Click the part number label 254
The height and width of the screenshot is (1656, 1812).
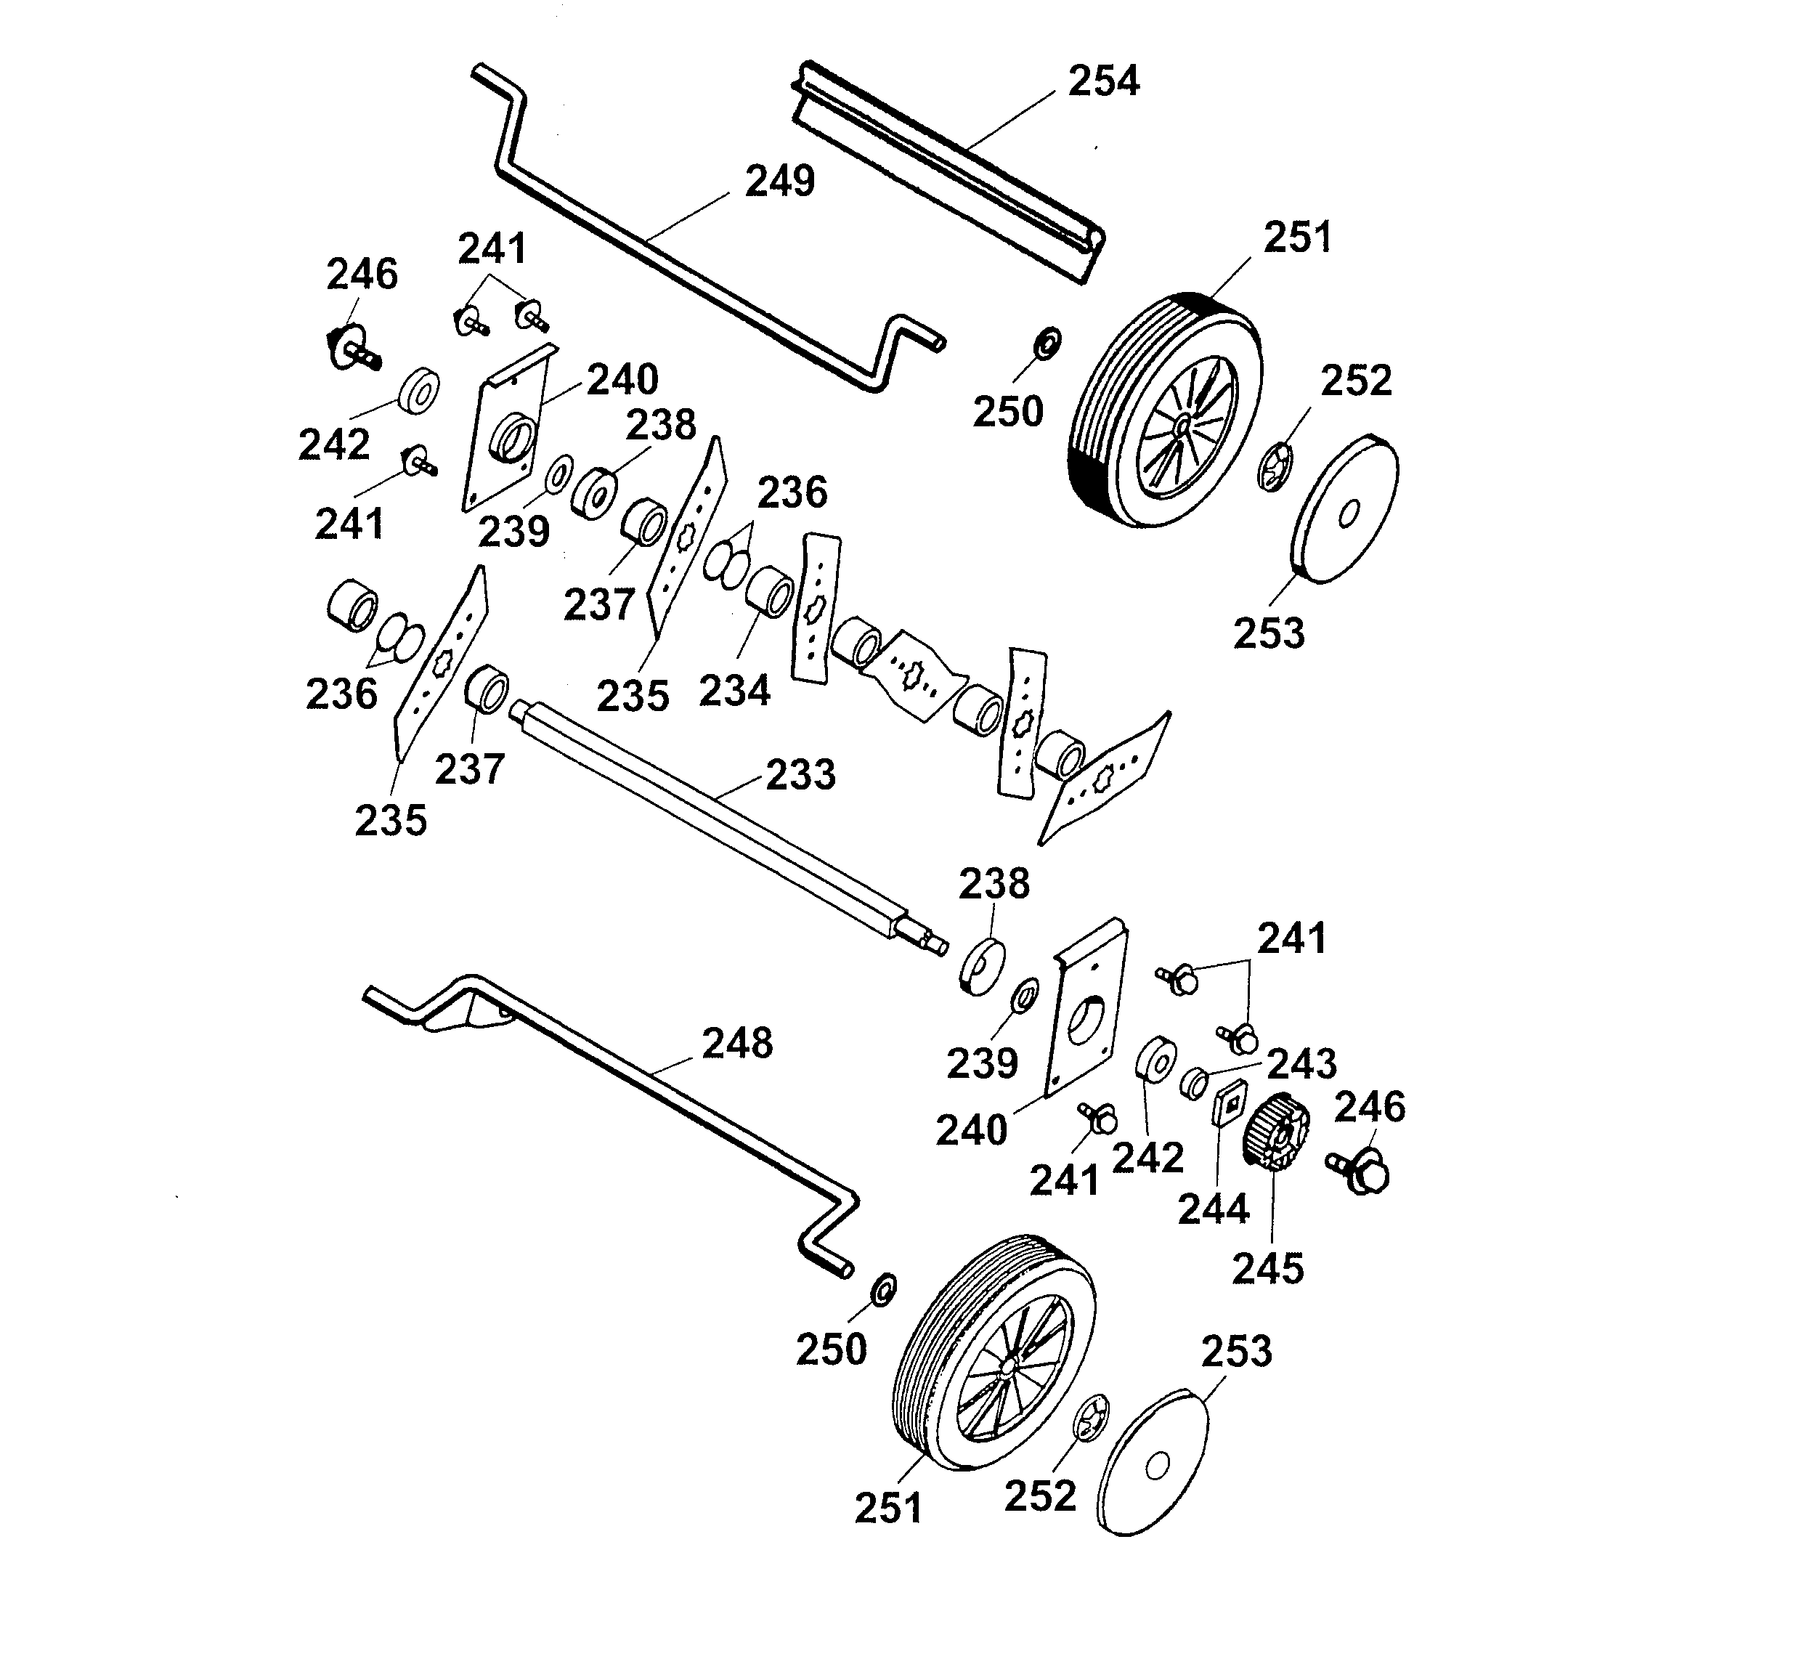[1103, 81]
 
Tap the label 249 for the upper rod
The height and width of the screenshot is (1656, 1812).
[779, 181]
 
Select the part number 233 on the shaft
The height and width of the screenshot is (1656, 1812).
[800, 774]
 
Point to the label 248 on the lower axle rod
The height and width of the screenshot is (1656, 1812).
[736, 1043]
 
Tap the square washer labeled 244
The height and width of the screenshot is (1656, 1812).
[1229, 1103]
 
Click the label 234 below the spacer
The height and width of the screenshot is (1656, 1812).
[734, 691]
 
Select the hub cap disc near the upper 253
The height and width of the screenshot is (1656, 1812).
[1346, 510]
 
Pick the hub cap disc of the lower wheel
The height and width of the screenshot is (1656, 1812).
[1154, 1466]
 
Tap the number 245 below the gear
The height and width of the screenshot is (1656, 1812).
[1267, 1269]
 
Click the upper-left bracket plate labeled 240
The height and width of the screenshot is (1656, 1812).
[508, 430]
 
